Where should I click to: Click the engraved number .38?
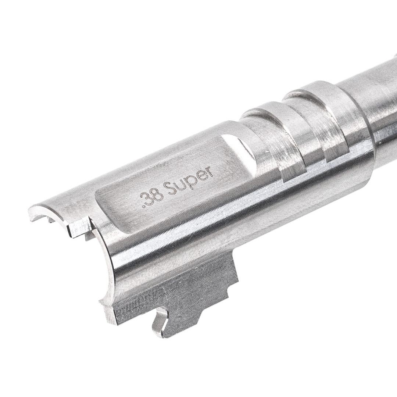pos(152,198)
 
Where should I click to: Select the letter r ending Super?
pos(210,172)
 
